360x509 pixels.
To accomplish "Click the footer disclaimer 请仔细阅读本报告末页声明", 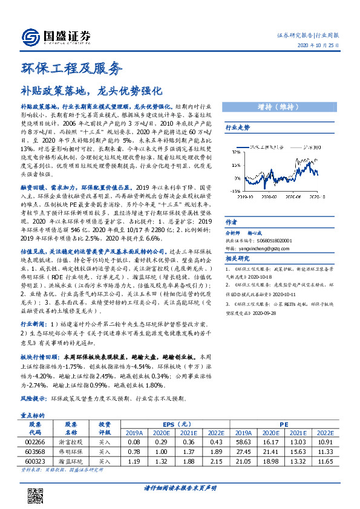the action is pyautogui.click(x=180, y=487).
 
